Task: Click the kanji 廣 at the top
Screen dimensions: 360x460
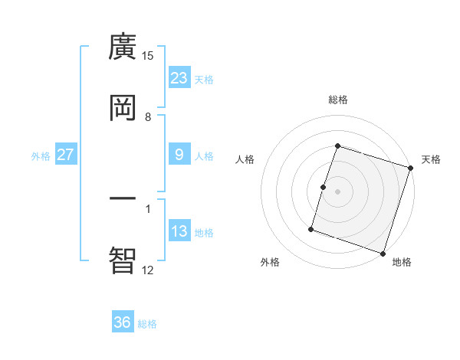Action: point(123,47)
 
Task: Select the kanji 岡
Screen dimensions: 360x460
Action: point(123,108)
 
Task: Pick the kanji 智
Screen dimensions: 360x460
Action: point(123,260)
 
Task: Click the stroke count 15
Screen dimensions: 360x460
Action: point(148,56)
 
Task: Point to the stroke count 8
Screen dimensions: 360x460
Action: point(148,116)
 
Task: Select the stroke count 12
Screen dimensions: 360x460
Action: point(148,270)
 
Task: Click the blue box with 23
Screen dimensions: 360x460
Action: point(179,77)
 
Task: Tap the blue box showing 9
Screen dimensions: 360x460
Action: point(179,155)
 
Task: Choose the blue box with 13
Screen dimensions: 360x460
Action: point(179,231)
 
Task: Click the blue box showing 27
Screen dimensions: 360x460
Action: point(66,155)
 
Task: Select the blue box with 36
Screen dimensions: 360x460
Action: point(123,322)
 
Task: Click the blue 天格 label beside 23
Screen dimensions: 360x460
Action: point(204,79)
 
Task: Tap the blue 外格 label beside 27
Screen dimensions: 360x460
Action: point(41,155)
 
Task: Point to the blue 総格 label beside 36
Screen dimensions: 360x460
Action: point(147,324)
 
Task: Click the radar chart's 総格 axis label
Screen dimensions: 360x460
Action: point(337,100)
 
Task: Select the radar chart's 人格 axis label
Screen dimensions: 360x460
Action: point(245,159)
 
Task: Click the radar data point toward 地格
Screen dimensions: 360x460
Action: point(383,254)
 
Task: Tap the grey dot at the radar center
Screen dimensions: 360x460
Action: point(337,191)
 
